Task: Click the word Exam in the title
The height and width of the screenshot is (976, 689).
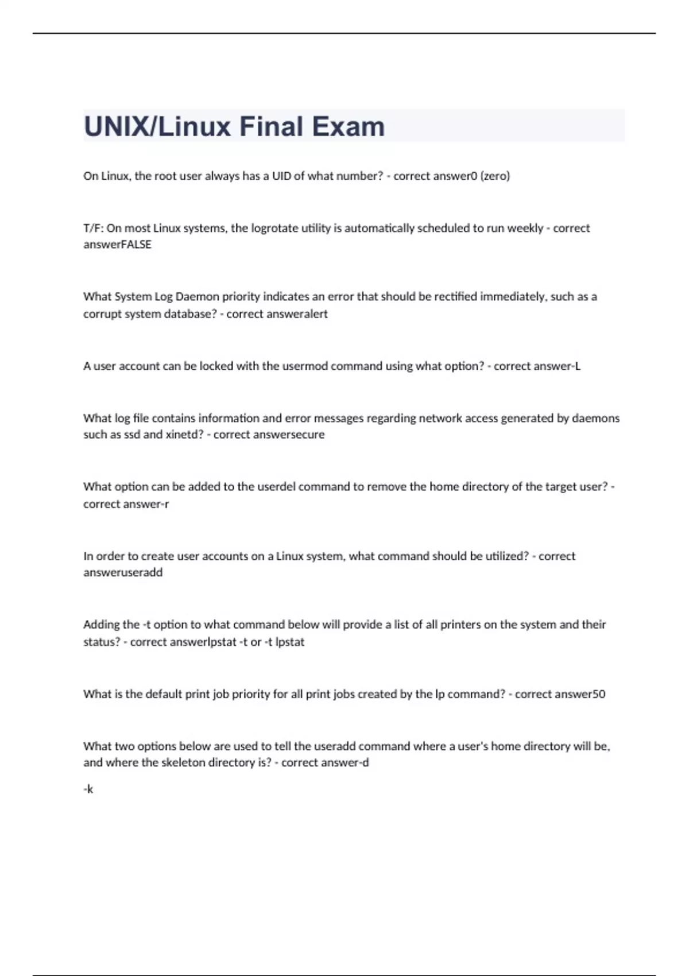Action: (x=348, y=127)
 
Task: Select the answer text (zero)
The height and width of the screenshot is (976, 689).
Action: (x=495, y=176)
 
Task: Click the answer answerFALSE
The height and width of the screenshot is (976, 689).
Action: (x=117, y=245)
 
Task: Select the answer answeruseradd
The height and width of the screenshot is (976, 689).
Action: (x=123, y=572)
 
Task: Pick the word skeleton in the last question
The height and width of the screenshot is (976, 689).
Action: (x=183, y=762)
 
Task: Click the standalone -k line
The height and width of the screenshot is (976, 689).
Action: (x=88, y=789)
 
